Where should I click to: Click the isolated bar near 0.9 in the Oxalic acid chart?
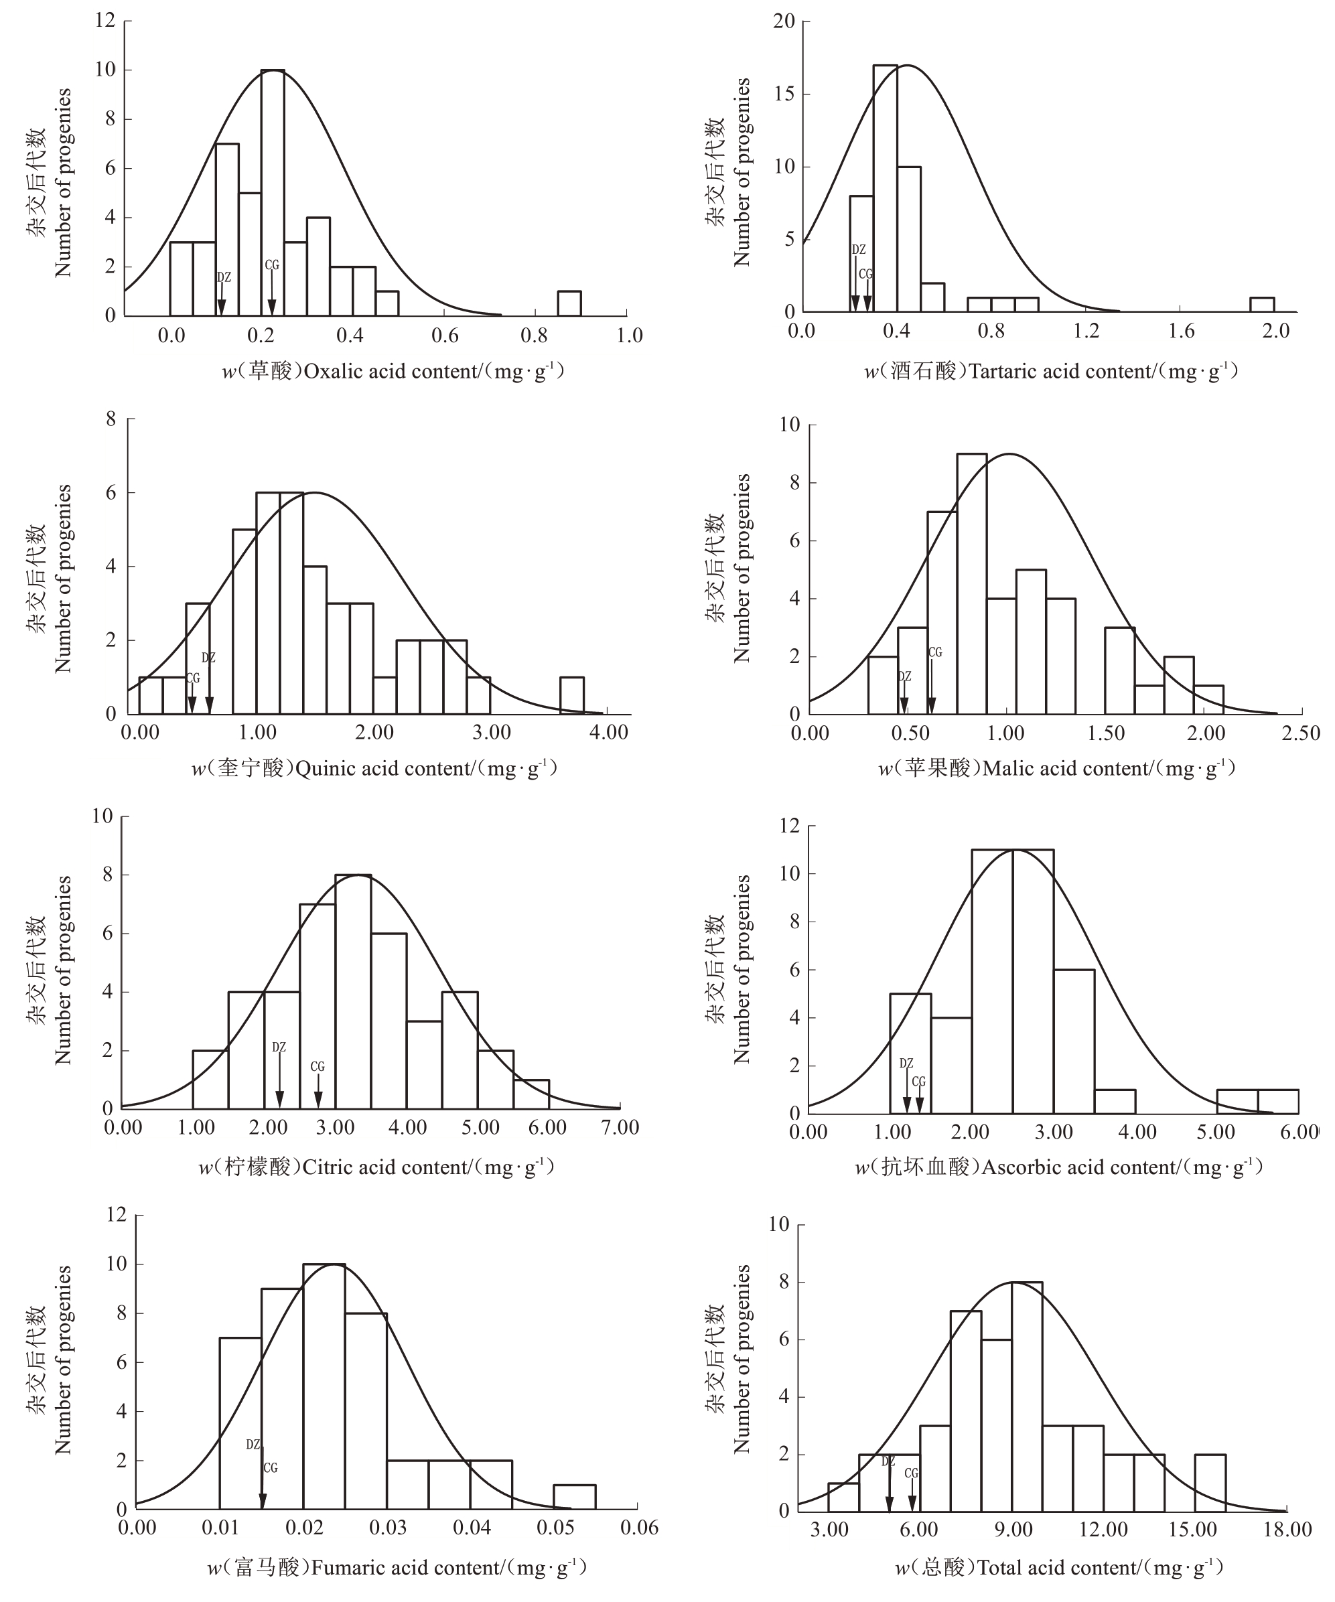coord(569,303)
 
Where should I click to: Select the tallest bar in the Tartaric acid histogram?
coord(885,188)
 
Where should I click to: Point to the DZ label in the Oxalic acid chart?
coord(224,278)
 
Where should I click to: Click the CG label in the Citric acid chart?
coord(318,1066)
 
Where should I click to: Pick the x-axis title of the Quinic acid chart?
coord(374,768)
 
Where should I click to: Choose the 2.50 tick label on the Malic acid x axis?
coord(1301,734)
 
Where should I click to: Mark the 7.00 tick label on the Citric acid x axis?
coord(620,1128)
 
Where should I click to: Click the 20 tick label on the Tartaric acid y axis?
coord(784,21)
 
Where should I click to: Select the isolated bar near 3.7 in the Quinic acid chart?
coord(572,696)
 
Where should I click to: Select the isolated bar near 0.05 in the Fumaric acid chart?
coord(575,1498)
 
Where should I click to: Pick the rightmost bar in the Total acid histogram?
coord(1210,1483)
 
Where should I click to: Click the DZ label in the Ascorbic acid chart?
coord(906,1064)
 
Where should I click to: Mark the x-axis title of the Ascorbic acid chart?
coord(1059,1167)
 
